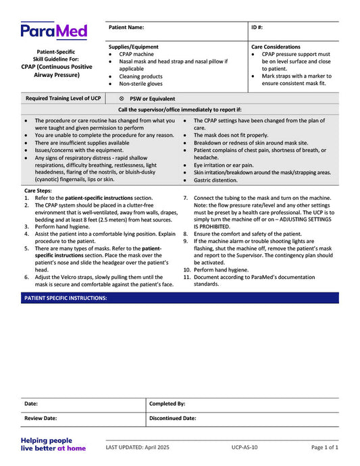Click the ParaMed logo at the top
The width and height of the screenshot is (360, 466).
tap(53, 32)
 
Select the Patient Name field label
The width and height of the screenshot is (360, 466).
tap(126, 28)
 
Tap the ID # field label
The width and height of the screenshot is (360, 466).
tap(257, 28)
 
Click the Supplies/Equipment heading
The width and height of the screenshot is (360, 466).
tap(134, 47)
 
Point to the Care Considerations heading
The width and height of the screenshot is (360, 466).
tap(276, 47)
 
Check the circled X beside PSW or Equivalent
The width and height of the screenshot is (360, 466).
tap(122, 99)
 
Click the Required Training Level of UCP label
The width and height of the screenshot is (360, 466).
tap(63, 99)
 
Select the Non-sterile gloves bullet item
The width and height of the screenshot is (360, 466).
tap(140, 84)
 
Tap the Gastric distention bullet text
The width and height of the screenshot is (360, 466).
tap(216, 180)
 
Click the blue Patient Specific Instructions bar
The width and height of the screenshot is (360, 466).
tap(180, 298)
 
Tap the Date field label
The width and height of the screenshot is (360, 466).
tap(31, 404)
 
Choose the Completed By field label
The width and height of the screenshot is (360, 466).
tap(167, 404)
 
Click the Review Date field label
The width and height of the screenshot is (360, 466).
tap(41, 419)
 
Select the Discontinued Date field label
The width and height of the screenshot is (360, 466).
tap(172, 419)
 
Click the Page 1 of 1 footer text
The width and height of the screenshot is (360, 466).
tap(325, 447)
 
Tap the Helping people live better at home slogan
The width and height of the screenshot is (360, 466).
tap(53, 444)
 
